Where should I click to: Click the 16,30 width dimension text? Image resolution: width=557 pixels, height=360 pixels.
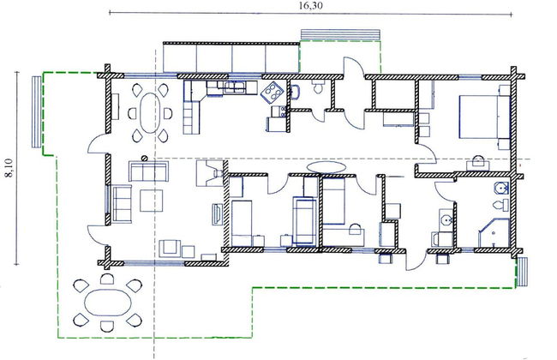(310, 6)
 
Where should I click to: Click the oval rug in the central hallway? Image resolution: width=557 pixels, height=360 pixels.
(326, 165)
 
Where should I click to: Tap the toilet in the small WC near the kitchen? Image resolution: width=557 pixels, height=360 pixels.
(318, 88)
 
